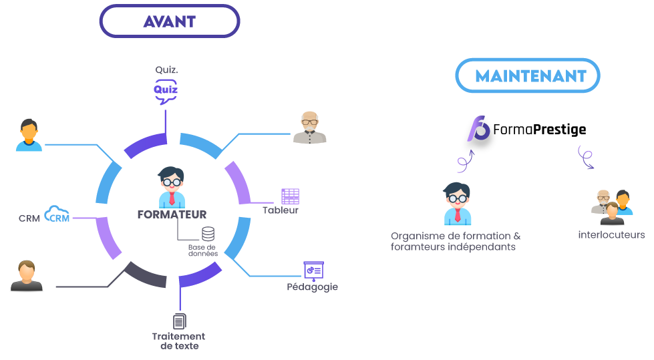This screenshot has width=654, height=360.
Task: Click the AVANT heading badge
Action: point(170,21)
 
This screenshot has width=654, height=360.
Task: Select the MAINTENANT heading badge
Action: point(528,75)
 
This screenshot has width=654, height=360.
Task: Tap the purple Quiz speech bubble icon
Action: point(166,91)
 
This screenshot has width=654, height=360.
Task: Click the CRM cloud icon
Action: point(57,215)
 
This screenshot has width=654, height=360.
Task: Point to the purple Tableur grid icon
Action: point(290,196)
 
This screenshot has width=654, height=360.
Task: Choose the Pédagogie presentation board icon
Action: point(313,270)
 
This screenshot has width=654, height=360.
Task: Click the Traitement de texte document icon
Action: point(179,321)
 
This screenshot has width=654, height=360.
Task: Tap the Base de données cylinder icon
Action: point(208,234)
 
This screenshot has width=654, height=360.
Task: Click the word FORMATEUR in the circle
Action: point(172,215)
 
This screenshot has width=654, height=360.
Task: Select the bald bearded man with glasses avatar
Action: point(310,128)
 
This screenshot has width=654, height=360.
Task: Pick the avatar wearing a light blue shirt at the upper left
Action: point(29,136)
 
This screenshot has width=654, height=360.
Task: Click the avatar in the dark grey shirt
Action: point(27,276)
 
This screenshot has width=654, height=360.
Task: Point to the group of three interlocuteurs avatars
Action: point(612,206)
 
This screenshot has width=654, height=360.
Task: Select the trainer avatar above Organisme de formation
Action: point(458,204)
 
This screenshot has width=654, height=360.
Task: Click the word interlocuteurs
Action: point(611,235)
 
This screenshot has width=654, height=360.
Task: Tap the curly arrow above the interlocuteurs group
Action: point(585,157)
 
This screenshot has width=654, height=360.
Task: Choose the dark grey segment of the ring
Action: point(145,275)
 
